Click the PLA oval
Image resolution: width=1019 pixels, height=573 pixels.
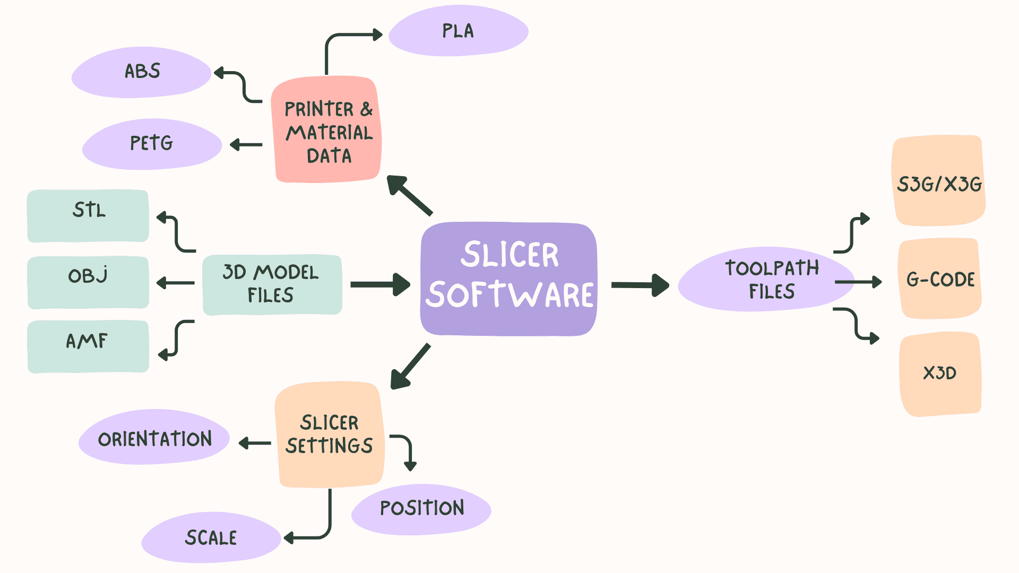click(458, 31)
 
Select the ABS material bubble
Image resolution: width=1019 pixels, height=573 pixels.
click(142, 72)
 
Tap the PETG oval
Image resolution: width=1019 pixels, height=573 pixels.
click(152, 144)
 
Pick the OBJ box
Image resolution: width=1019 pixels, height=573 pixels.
click(88, 282)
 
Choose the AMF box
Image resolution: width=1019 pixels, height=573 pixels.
click(88, 346)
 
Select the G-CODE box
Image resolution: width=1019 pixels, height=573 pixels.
click(940, 279)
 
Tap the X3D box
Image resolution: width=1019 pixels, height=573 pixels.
click(940, 374)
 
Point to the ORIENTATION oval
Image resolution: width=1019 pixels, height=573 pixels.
click(154, 438)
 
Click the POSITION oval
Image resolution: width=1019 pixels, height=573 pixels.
click(421, 509)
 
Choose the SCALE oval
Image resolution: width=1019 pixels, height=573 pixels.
click(211, 537)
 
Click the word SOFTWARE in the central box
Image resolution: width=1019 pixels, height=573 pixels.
click(510, 295)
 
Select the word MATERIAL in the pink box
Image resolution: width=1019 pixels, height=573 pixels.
click(330, 133)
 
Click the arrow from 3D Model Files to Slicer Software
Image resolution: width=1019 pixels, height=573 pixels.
click(379, 284)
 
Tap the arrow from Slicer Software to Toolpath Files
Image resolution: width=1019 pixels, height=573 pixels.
click(640, 285)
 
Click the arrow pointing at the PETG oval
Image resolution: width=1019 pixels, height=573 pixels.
click(246, 144)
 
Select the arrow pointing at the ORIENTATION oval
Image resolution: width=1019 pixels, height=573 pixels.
click(255, 443)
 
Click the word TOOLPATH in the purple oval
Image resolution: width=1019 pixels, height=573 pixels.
click(772, 268)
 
